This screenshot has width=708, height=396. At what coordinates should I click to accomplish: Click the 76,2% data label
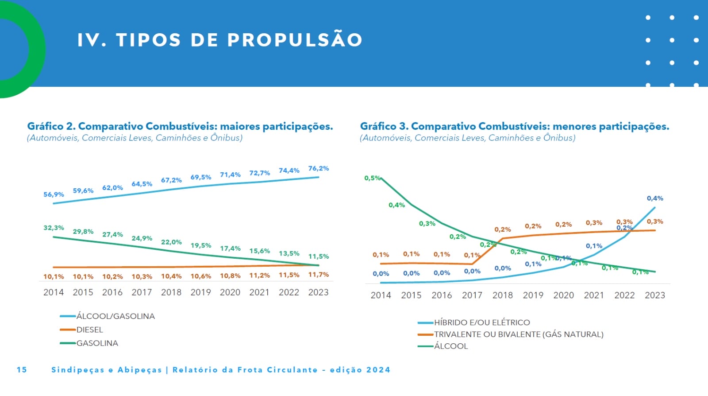tap(319, 168)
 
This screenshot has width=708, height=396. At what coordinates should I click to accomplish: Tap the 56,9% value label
tap(54, 194)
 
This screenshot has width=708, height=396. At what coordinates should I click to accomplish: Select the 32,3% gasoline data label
tap(54, 228)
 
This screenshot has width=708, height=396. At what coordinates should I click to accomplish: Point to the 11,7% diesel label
tap(319, 275)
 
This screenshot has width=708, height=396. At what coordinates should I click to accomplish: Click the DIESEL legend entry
tap(89, 330)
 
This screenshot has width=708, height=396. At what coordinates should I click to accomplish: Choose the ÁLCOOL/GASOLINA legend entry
tap(115, 316)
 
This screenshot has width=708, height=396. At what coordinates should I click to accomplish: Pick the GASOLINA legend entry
tap(97, 343)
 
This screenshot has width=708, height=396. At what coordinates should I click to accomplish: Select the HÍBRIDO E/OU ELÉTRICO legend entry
tap(482, 322)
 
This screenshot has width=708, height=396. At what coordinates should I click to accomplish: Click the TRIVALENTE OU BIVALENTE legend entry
tap(519, 334)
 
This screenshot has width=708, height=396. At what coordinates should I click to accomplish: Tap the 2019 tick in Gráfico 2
tap(200, 292)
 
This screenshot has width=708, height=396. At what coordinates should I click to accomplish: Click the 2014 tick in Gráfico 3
tap(381, 295)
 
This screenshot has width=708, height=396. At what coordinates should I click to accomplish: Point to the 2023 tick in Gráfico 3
tap(655, 295)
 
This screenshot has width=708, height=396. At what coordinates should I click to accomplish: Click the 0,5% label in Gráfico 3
tap(372, 178)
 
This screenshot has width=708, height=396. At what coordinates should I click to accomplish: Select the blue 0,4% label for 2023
tap(655, 198)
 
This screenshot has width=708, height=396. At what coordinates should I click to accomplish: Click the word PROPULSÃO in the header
tap(295, 40)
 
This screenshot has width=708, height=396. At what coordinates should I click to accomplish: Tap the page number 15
tap(22, 370)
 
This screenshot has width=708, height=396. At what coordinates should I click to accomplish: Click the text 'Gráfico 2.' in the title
tap(51, 127)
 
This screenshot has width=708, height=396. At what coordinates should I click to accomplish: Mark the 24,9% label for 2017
tap(142, 238)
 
